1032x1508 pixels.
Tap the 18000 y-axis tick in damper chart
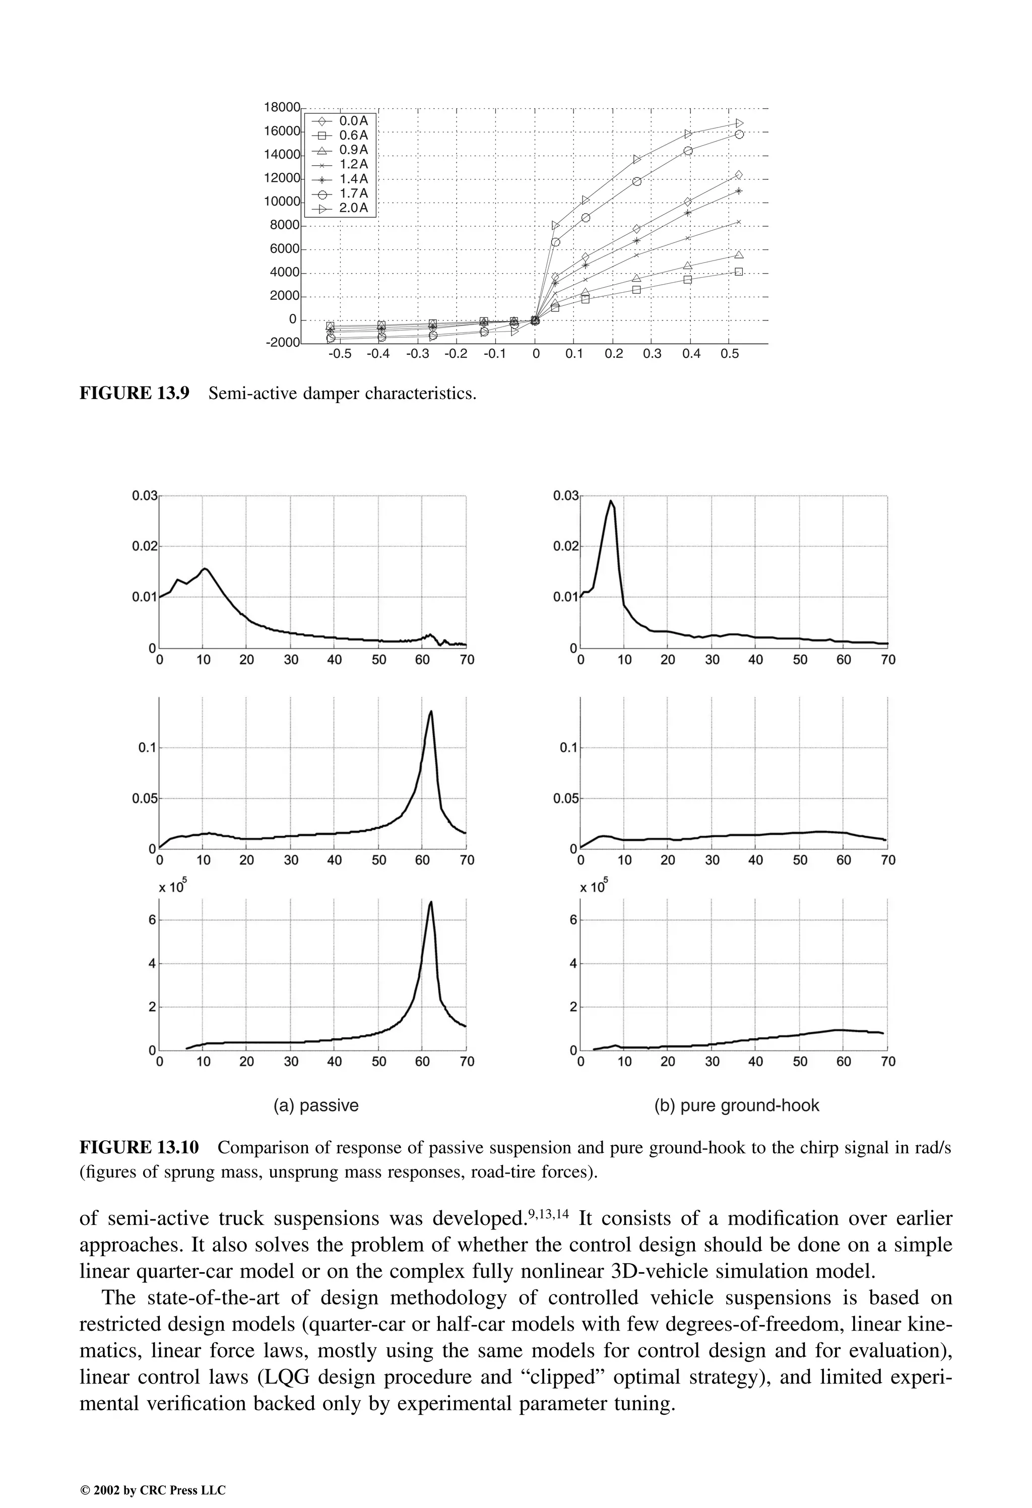click(282, 107)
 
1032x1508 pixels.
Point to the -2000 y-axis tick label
click(282, 343)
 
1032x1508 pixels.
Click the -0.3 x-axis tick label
click(417, 354)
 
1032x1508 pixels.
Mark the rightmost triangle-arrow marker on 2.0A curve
click(739, 123)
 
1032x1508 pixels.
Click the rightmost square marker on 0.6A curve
click(739, 272)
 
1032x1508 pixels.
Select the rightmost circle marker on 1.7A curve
click(739, 135)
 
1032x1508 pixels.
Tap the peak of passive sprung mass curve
click(205, 568)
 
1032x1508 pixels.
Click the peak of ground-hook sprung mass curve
click(611, 500)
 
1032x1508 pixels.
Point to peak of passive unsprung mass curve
click(431, 711)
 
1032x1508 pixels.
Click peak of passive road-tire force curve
click(431, 902)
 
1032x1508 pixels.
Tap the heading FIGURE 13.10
click(139, 1147)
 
